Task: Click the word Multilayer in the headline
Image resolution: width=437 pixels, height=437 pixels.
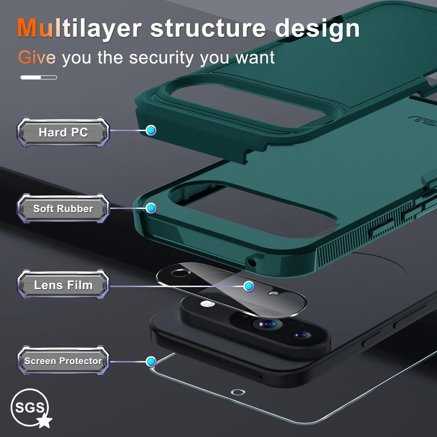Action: point(79,29)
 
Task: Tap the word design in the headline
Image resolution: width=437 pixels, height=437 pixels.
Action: point(317,29)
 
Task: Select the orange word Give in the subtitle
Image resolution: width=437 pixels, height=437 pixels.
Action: point(37,58)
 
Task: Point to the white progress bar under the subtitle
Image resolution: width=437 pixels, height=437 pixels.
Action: point(39,77)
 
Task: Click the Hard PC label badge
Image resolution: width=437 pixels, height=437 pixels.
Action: point(63,132)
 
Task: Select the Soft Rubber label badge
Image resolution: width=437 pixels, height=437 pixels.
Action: point(63,208)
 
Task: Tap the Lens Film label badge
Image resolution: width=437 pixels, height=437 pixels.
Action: point(63,285)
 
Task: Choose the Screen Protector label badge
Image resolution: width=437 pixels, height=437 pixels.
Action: point(63,361)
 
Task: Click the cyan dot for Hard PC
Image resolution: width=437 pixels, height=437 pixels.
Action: point(151,130)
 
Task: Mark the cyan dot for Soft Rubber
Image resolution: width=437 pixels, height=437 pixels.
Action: point(151,208)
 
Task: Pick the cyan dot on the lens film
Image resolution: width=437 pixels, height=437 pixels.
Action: point(249,286)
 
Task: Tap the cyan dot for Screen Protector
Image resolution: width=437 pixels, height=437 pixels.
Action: point(151,361)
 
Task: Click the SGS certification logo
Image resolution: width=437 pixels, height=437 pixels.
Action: point(31,408)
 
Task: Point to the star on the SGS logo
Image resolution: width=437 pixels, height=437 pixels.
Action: point(44,420)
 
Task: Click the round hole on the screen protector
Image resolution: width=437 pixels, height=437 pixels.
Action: point(238,392)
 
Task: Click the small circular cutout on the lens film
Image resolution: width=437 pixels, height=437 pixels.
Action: point(181,273)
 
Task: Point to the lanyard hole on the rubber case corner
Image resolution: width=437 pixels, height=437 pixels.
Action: point(252,262)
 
